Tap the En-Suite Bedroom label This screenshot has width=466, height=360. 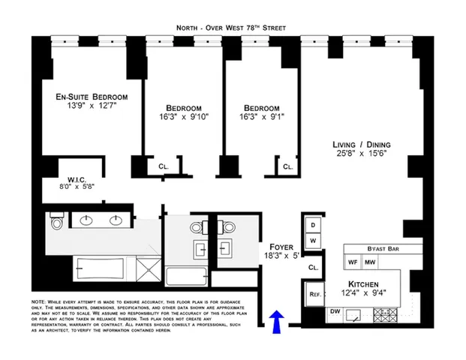click(x=91, y=97)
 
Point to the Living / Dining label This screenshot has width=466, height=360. click(x=362, y=145)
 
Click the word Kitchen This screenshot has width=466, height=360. click(x=362, y=284)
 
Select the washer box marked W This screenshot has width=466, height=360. click(x=312, y=240)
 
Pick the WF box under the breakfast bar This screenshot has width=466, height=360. click(x=353, y=262)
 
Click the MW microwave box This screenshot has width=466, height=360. click(x=370, y=262)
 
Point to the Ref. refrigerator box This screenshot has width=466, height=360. click(x=315, y=295)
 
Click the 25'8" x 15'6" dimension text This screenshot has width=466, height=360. click(x=362, y=155)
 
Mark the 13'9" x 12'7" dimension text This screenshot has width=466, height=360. click(x=91, y=107)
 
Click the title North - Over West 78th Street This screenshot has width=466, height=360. click(x=232, y=27)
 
